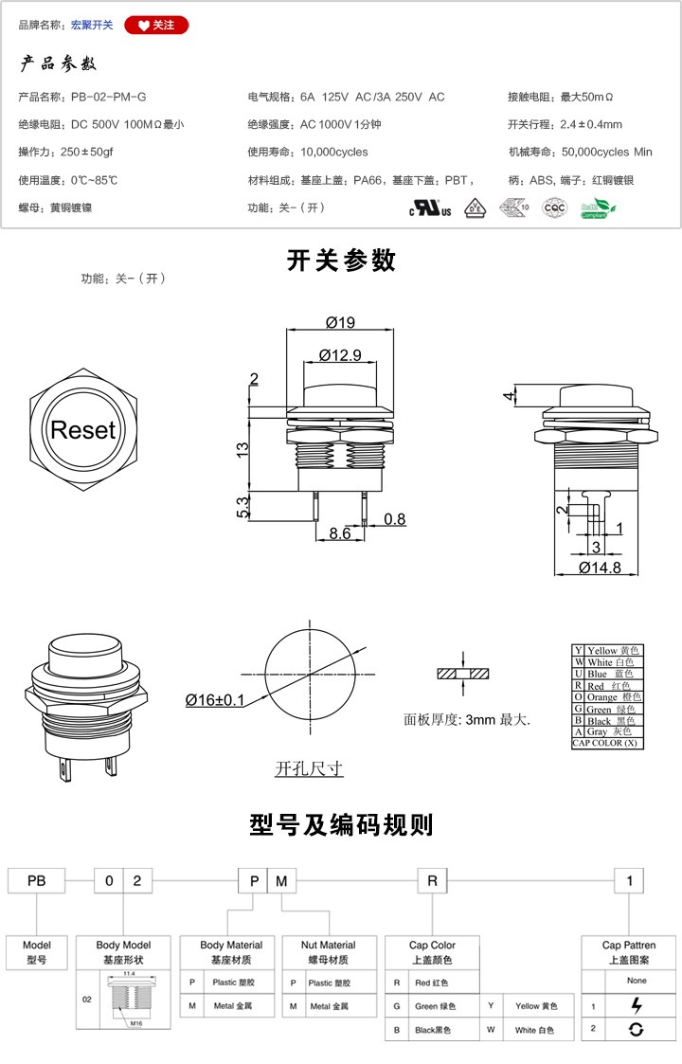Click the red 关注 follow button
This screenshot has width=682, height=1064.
click(x=156, y=25)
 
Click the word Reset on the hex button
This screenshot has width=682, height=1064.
click(x=83, y=430)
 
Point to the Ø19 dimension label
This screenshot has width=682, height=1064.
click(x=339, y=322)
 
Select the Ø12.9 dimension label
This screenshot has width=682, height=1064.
click(x=340, y=355)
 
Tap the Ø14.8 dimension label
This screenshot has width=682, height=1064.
click(x=600, y=568)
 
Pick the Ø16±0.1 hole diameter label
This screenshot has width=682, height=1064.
click(x=215, y=700)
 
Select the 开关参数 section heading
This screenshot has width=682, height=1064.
click(x=341, y=261)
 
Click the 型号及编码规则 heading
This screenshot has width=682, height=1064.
click(x=341, y=824)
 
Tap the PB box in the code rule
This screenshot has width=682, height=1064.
click(x=37, y=881)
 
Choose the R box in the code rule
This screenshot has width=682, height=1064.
click(x=432, y=881)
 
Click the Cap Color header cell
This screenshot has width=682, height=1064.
click(x=432, y=951)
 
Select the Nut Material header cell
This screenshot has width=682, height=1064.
click(x=328, y=951)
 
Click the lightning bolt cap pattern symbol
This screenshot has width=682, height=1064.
click(x=637, y=1005)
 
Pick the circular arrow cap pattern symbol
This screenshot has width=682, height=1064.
click(x=637, y=1029)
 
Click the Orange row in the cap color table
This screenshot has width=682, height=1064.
click(x=606, y=697)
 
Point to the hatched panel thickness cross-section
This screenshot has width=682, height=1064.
click(x=463, y=674)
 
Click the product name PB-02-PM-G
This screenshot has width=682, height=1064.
click(x=109, y=97)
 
